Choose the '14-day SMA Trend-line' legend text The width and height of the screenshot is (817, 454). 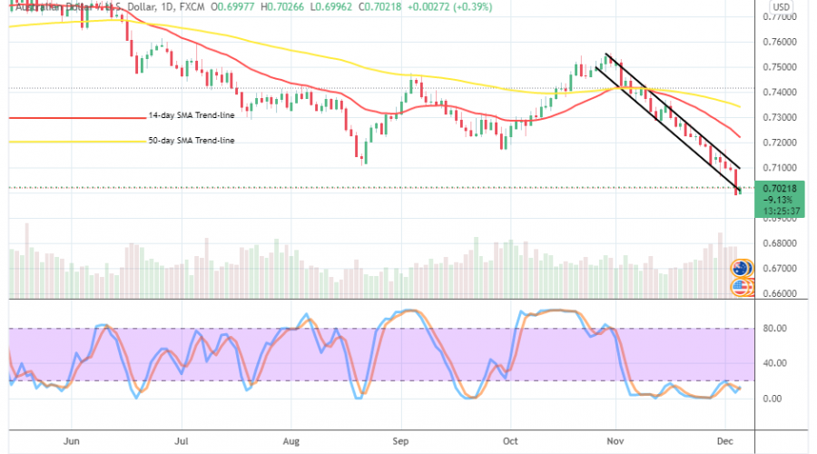tap(192, 117)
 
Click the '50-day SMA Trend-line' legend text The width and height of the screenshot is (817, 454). tap(192, 141)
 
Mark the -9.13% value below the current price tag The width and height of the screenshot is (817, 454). tap(778, 200)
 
